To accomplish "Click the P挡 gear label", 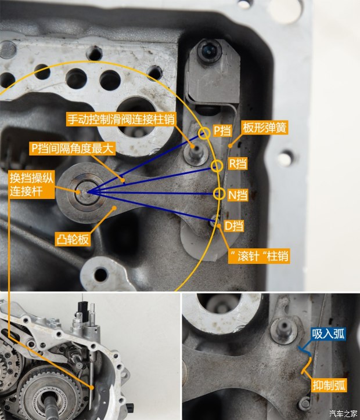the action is click(x=222, y=131).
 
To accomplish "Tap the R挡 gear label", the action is click(x=237, y=164).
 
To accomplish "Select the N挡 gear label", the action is click(x=237, y=195).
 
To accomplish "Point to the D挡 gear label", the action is click(x=234, y=226).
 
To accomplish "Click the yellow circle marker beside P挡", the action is click(x=204, y=133).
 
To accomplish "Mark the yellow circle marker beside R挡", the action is click(x=217, y=166).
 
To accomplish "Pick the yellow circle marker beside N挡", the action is click(x=219, y=193).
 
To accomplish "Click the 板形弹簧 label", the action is click(x=265, y=128).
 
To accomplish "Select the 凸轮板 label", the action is click(x=73, y=239).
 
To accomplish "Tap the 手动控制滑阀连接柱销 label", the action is click(x=121, y=119).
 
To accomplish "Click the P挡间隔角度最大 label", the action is click(x=73, y=149).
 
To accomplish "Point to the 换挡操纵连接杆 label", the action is click(x=32, y=184).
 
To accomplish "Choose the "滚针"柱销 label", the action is click(x=259, y=256).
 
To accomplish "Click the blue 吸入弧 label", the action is click(x=329, y=334).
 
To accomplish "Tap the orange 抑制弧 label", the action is click(x=329, y=385).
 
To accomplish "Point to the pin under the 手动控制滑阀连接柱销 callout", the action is click(x=196, y=154).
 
